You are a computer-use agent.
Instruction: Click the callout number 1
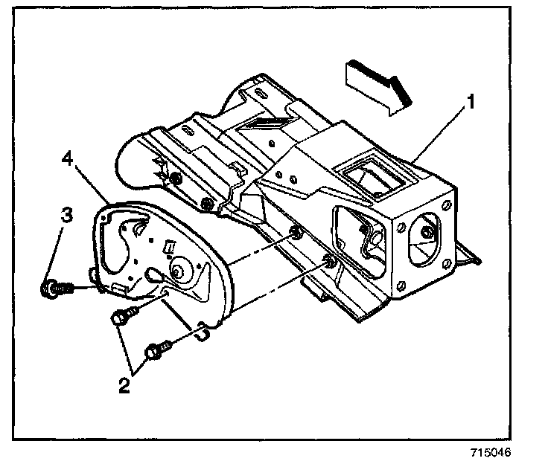471,102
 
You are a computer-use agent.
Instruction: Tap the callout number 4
68,159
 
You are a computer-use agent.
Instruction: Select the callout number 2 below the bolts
124,386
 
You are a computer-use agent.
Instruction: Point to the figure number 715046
491,452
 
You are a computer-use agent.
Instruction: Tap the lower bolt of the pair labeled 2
159,350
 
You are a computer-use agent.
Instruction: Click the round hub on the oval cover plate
181,269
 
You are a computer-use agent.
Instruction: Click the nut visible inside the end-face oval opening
426,231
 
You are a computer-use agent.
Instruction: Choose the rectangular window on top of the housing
376,177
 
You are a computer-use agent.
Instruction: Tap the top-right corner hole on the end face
447,205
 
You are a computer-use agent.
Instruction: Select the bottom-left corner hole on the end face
401,286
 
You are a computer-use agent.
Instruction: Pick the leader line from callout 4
92,184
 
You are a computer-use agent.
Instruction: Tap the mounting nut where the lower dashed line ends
328,260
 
